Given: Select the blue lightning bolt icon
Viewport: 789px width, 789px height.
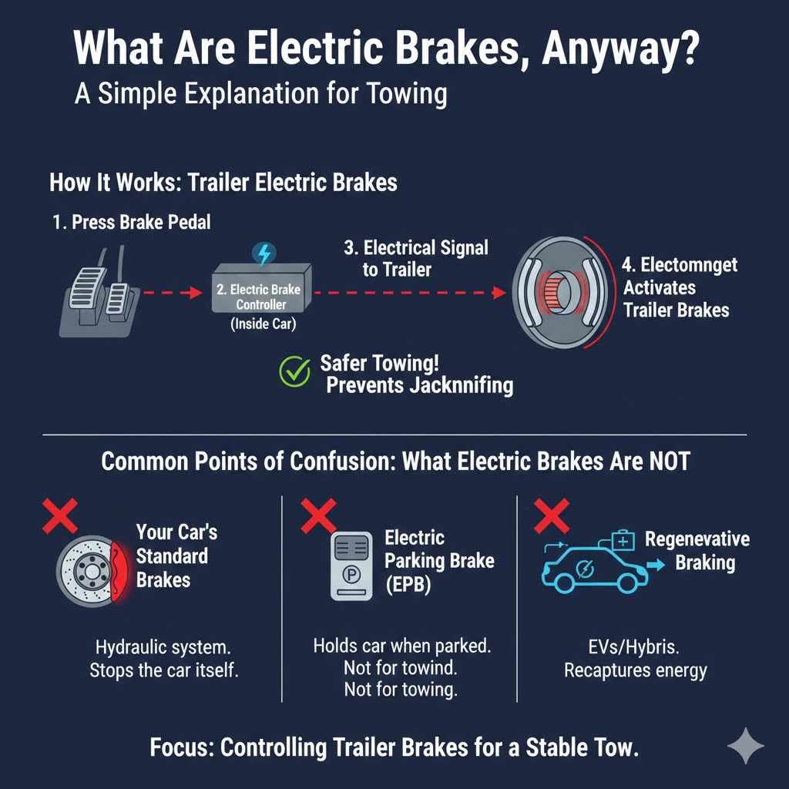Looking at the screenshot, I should click(x=264, y=253).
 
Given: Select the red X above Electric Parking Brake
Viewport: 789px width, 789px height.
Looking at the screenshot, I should click(x=317, y=514).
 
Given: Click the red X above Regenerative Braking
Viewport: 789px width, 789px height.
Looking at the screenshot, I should click(x=551, y=514).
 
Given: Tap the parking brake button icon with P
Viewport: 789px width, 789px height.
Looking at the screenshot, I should click(x=351, y=566).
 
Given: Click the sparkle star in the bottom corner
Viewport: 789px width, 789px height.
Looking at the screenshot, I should click(x=745, y=744).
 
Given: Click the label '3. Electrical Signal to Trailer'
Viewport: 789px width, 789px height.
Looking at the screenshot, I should click(x=416, y=258).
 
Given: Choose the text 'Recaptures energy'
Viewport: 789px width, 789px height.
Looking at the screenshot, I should click(x=635, y=670).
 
